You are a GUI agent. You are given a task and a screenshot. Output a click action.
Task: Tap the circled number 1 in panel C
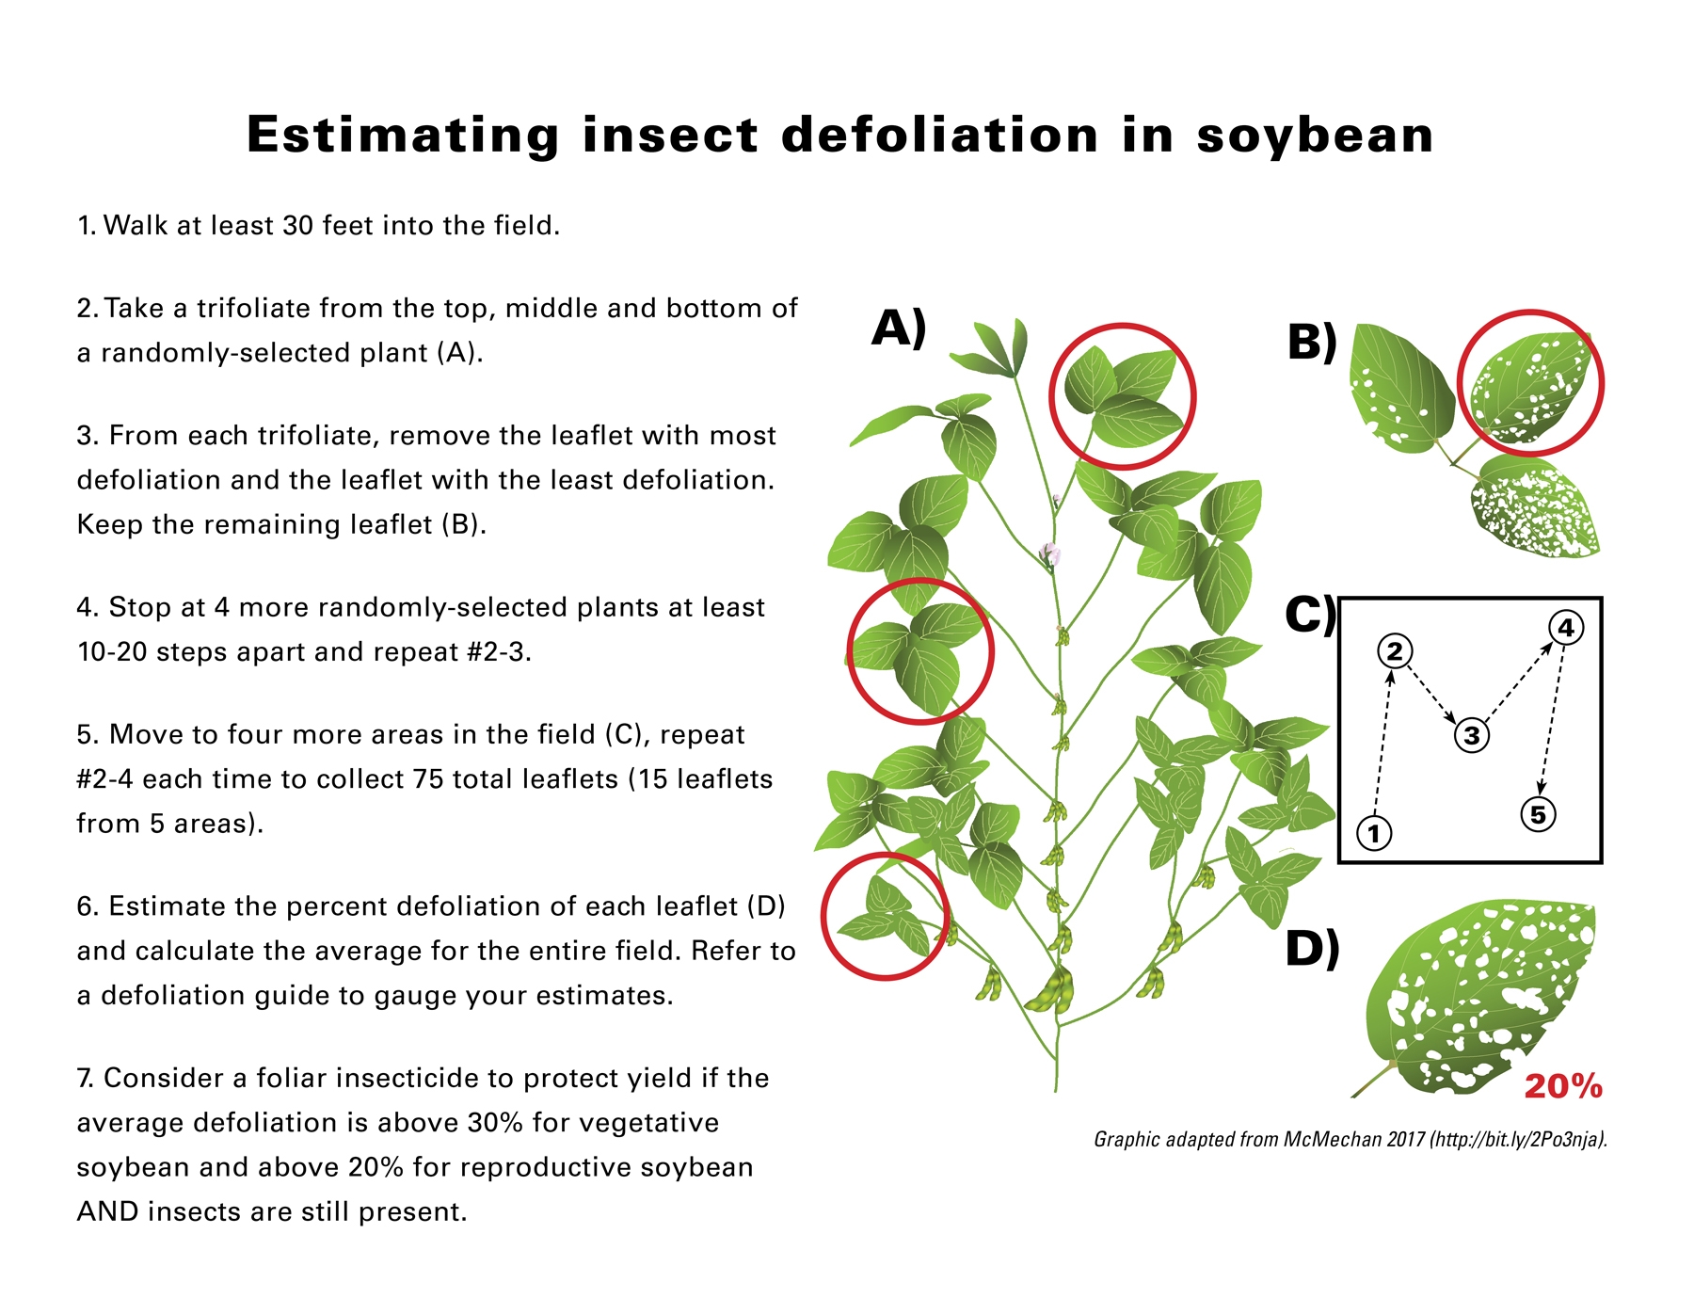(1374, 833)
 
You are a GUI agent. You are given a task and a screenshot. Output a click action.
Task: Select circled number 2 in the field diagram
(1395, 650)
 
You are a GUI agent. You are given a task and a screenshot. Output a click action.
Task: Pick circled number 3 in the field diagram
(1472, 735)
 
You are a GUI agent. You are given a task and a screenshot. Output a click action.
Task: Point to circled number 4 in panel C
(1566, 628)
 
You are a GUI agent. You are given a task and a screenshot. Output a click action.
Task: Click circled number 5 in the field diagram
(1538, 814)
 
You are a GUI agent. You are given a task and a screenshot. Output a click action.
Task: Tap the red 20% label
(1562, 1087)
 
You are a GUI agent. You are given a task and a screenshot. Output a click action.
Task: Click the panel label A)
(899, 329)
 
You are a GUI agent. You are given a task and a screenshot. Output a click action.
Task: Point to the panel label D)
(1312, 948)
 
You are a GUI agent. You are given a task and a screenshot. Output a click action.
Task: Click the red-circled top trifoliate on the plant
(1122, 395)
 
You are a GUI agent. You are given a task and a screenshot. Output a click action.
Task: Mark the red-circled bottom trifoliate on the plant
(884, 917)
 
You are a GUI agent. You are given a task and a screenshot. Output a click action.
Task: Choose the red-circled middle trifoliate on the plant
(920, 651)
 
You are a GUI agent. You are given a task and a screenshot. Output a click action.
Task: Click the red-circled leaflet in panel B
(1530, 384)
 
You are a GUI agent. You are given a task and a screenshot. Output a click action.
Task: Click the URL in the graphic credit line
(1517, 1140)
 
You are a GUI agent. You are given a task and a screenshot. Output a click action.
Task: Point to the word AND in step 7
(108, 1211)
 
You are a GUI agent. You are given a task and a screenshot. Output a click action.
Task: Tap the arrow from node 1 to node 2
(1382, 744)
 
